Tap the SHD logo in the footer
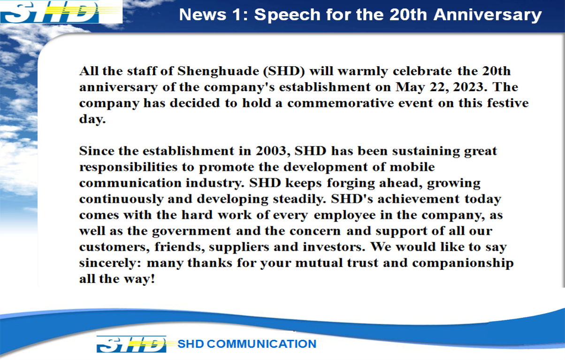pyautogui.click(x=132, y=344)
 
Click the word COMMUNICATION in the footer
pyautogui.click(x=261, y=344)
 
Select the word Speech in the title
pyautogui.click(x=287, y=15)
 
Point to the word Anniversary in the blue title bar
pyautogui.click(x=488, y=15)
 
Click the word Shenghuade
pyautogui.click(x=218, y=71)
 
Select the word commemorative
pyautogui.click(x=341, y=103)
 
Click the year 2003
pyautogui.click(x=271, y=151)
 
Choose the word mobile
pyautogui.click(x=412, y=167)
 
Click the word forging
pyautogui.click(x=351, y=184)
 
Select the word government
pyautogui.click(x=191, y=231)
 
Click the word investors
pyautogui.click(x=334, y=247)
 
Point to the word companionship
pyautogui.click(x=463, y=264)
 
